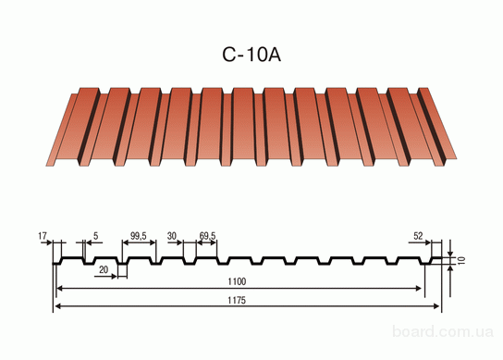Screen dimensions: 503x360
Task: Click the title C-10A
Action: (x=251, y=55)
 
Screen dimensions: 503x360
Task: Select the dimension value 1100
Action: (x=237, y=281)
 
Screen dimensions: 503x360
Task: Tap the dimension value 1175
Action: (x=237, y=300)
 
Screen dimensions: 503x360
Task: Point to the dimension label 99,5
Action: (x=139, y=236)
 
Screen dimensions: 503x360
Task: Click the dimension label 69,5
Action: (x=207, y=236)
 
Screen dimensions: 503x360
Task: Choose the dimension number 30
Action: (x=172, y=236)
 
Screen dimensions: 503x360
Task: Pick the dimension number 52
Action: (x=418, y=236)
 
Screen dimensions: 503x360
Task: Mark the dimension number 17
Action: (x=43, y=236)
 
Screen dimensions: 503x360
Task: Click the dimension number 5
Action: (x=95, y=236)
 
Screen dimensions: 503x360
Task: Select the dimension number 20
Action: (x=104, y=269)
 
